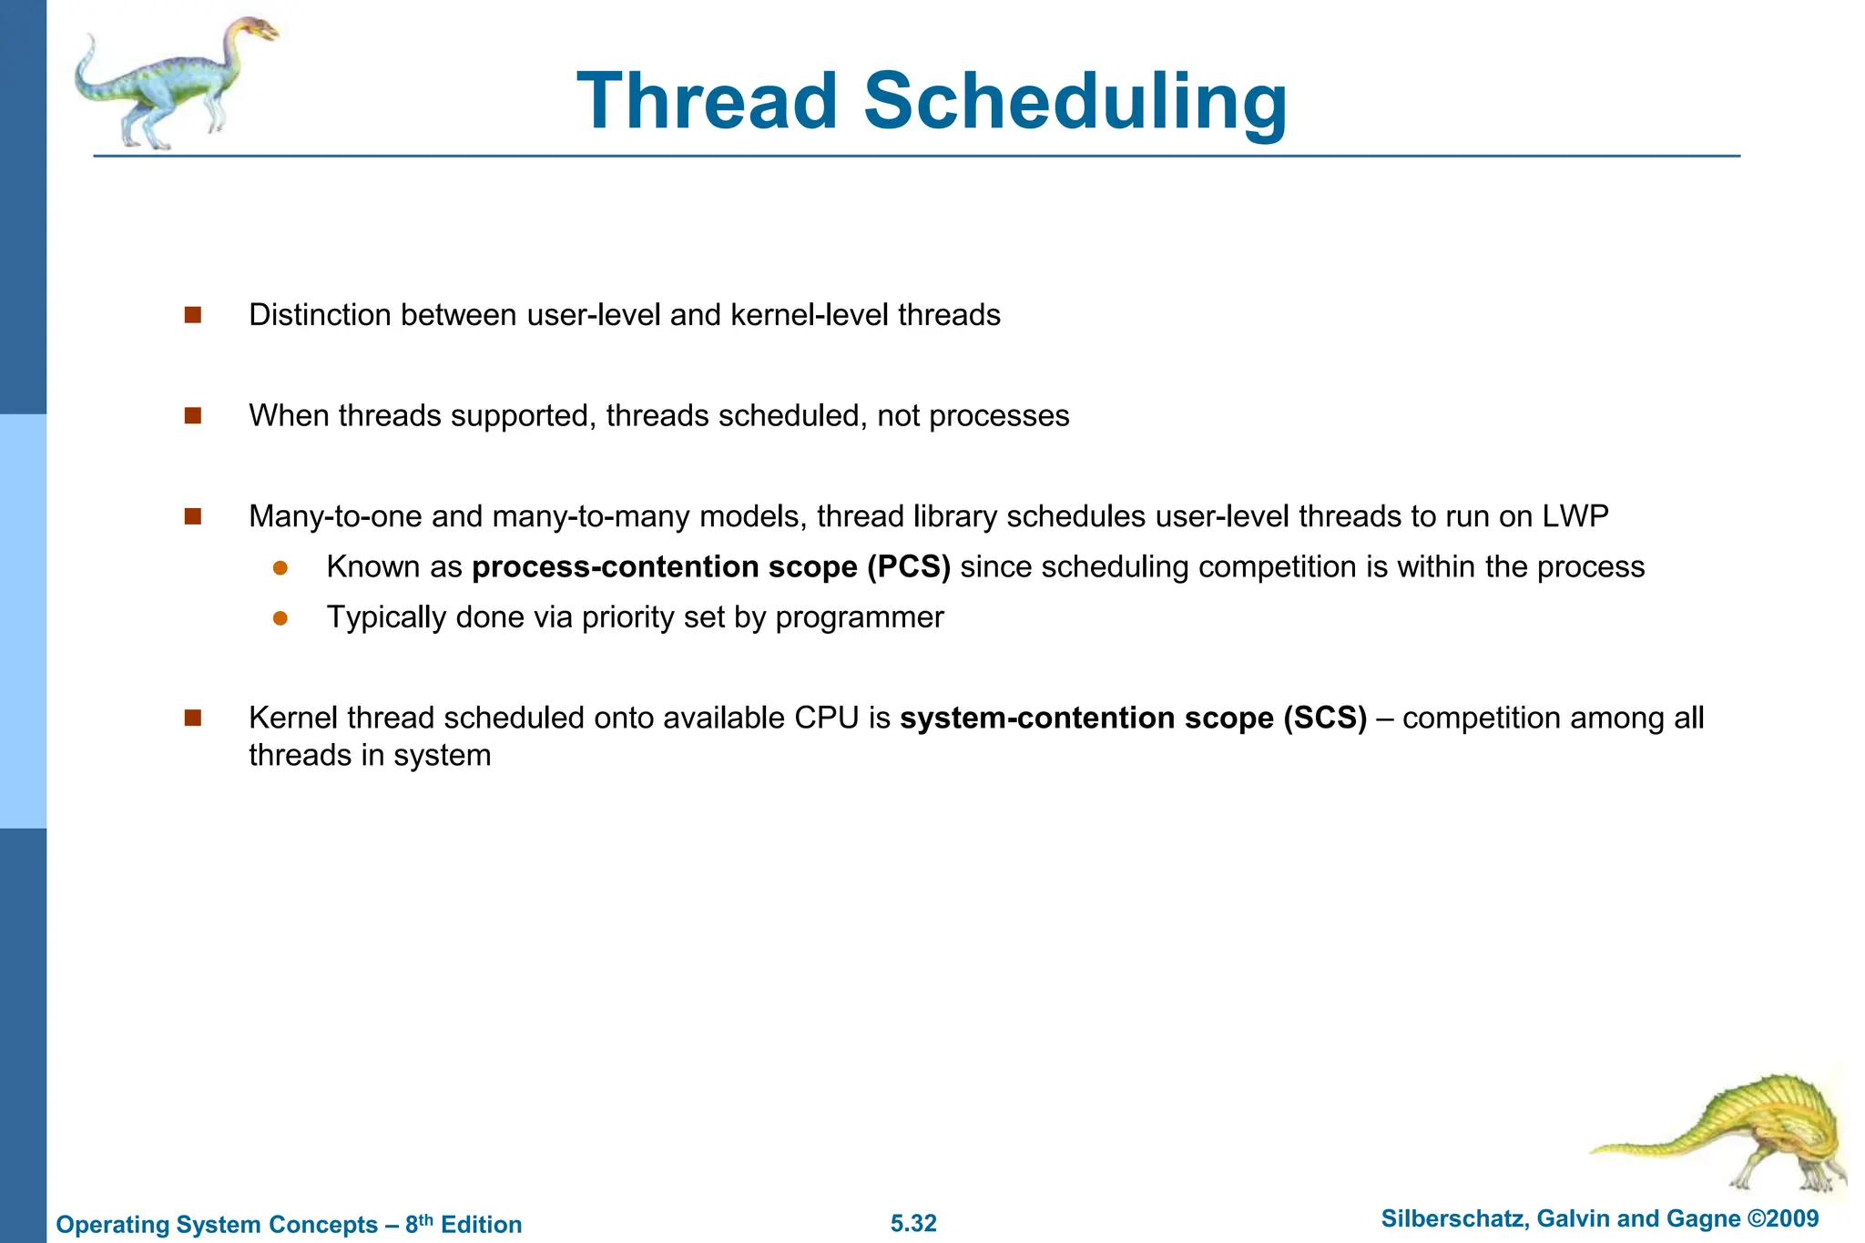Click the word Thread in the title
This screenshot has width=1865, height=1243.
tap(707, 101)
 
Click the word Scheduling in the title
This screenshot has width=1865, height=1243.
tap(1075, 101)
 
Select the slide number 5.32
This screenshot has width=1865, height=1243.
tap(913, 1223)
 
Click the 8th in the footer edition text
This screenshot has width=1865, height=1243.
tap(419, 1223)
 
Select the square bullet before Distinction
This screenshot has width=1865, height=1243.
tap(192, 315)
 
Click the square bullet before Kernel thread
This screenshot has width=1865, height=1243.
tap(192, 718)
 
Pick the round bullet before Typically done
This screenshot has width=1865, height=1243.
tap(280, 618)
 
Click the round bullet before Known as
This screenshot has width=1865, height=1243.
tap(280, 568)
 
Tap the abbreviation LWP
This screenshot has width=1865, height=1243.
tap(1575, 516)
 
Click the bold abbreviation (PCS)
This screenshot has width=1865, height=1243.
tap(908, 567)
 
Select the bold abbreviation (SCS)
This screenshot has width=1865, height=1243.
tap(1325, 718)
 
